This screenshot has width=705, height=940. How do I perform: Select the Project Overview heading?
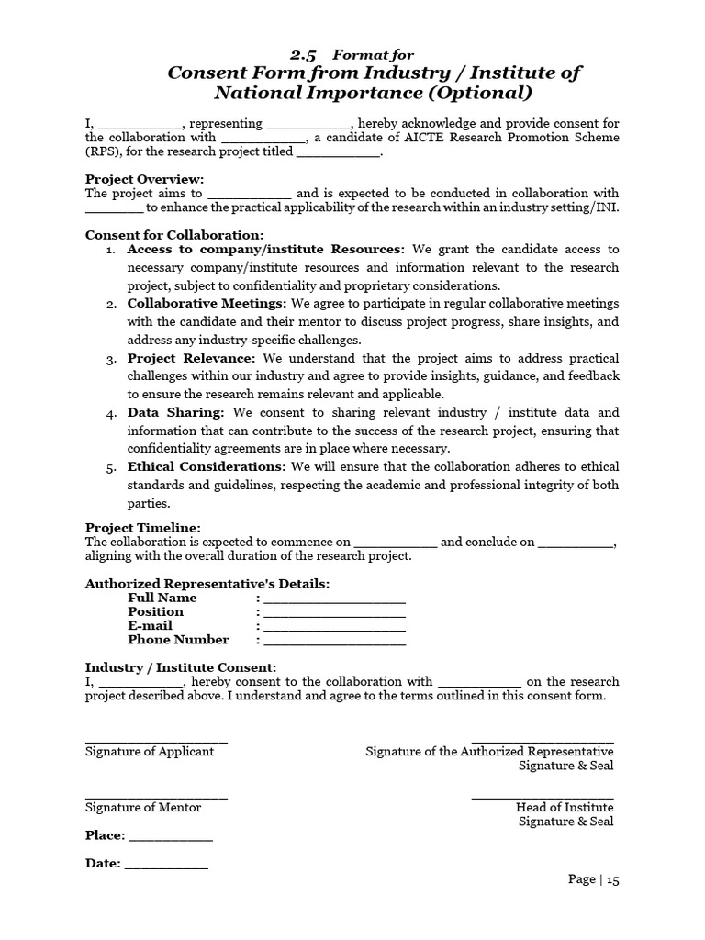(145, 179)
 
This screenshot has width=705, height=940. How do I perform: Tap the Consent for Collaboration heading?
(174, 235)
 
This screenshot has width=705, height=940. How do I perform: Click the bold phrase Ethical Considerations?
(207, 466)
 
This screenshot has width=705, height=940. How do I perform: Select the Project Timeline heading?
(142, 528)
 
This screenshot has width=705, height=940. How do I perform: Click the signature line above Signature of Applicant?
(156, 740)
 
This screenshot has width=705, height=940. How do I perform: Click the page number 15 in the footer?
(612, 879)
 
